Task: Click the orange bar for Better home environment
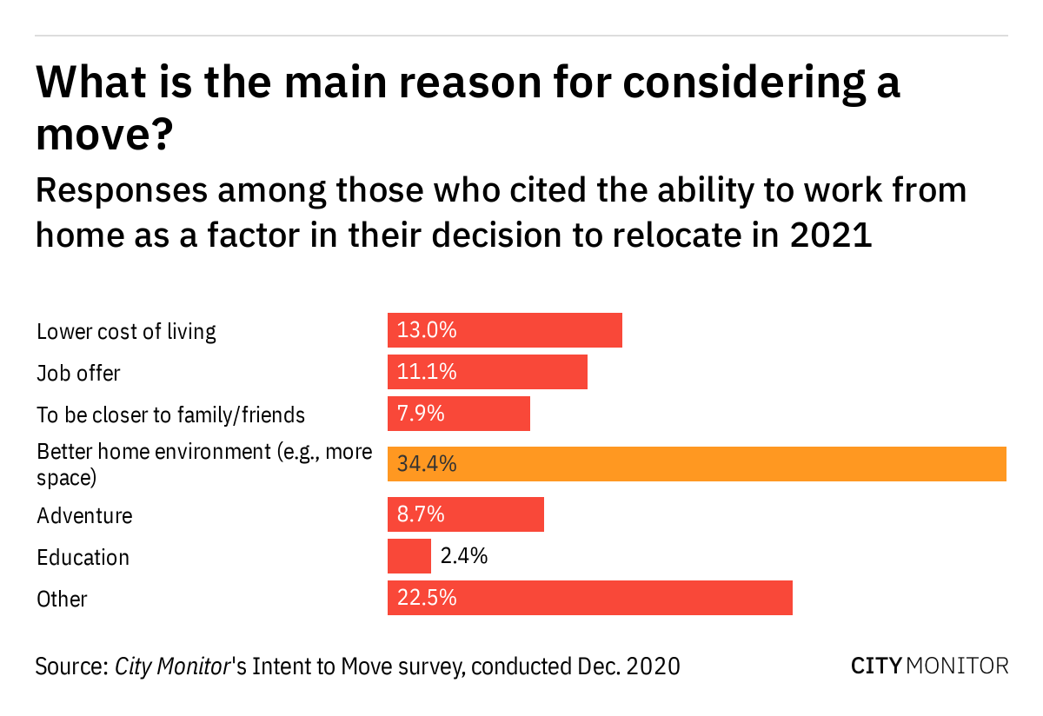click(x=696, y=464)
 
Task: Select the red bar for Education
click(x=409, y=556)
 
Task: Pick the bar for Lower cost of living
click(x=504, y=330)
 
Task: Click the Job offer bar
click(x=487, y=372)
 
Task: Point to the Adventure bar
click(x=465, y=514)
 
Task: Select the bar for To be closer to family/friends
click(x=458, y=414)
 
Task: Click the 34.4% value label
click(x=427, y=464)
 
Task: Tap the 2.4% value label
click(x=464, y=556)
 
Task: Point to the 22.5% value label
click(x=427, y=598)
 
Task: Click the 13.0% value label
click(x=427, y=330)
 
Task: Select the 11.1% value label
click(x=427, y=372)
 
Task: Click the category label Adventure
click(x=84, y=515)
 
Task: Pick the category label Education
click(x=83, y=557)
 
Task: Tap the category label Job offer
click(x=78, y=373)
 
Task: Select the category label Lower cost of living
click(x=126, y=331)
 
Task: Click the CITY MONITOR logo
click(x=929, y=666)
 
